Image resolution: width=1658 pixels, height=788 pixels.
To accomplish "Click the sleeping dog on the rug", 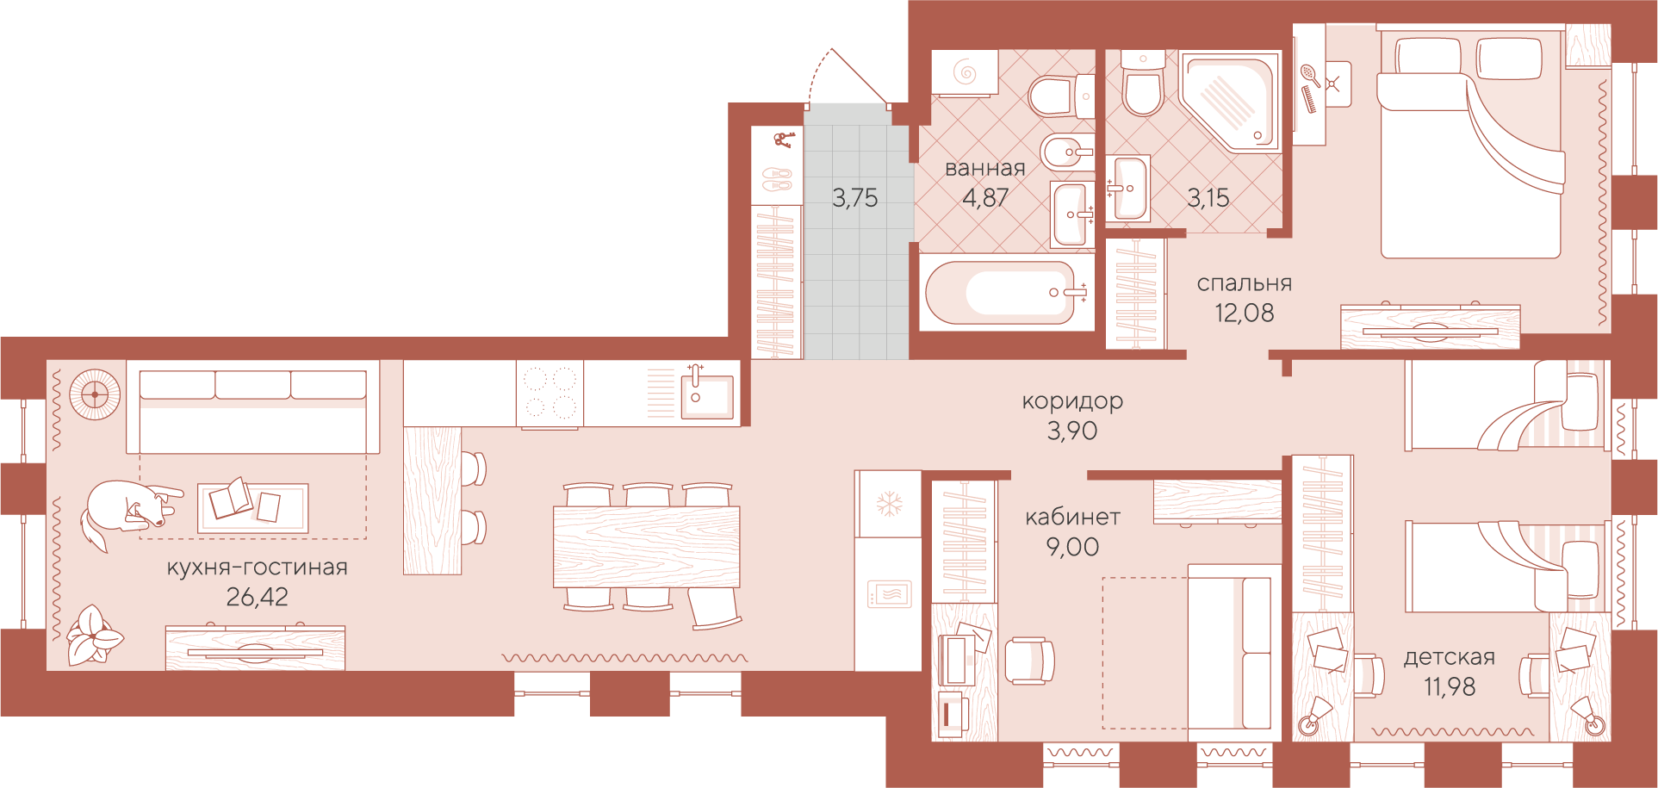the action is (x=129, y=512).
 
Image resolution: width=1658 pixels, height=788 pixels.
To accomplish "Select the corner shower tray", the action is (x=1230, y=102).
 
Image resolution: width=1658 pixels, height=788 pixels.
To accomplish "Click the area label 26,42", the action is (x=257, y=596).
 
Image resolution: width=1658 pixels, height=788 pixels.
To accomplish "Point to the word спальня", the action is (x=1245, y=283).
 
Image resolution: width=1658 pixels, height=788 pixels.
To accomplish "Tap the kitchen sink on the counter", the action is (x=706, y=396).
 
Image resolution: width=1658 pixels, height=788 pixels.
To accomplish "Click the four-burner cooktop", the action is (x=550, y=393).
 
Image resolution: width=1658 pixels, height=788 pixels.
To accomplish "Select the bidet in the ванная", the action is (x=1067, y=153).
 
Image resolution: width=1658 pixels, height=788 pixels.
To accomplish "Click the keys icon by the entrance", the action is (x=784, y=139).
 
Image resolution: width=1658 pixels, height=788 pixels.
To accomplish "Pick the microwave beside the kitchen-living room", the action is (x=889, y=594).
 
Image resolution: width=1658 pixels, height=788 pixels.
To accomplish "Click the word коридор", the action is (x=1072, y=401).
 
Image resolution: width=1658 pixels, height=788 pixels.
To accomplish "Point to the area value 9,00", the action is (x=1072, y=547).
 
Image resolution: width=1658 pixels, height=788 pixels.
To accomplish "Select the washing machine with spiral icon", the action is (x=965, y=72).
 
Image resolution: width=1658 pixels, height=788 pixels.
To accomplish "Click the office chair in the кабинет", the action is (x=1029, y=661).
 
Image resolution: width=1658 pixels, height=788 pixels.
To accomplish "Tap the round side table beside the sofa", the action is (x=94, y=394).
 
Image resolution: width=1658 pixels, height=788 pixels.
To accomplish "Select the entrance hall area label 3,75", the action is (x=855, y=198).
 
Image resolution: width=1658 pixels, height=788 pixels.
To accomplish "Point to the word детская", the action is (x=1450, y=657).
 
